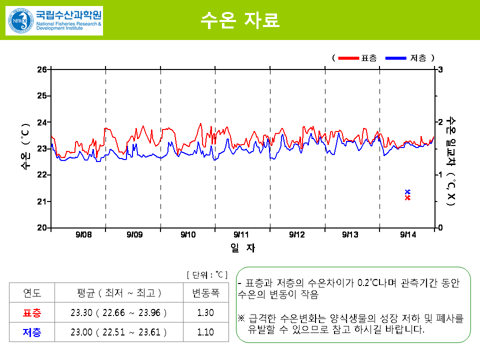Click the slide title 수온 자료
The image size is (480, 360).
(239, 20)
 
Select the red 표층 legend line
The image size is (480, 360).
(348, 58)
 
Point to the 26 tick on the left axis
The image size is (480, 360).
(42, 69)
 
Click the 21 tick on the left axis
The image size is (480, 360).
(42, 201)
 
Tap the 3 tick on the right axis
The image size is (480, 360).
(440, 69)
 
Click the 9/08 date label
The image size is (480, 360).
(83, 234)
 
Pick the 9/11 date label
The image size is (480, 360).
(241, 234)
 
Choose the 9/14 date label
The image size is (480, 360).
(408, 234)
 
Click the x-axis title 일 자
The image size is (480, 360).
(243, 247)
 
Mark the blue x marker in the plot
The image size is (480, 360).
(407, 192)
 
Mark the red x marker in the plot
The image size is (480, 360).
(407, 198)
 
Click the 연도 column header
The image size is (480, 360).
(32, 293)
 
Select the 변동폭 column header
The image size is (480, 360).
(205, 293)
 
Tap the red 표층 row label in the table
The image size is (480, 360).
(32, 313)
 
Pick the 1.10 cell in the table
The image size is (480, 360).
(205, 332)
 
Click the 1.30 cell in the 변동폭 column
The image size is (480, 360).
(205, 313)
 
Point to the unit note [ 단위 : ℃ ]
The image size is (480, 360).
(207, 274)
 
